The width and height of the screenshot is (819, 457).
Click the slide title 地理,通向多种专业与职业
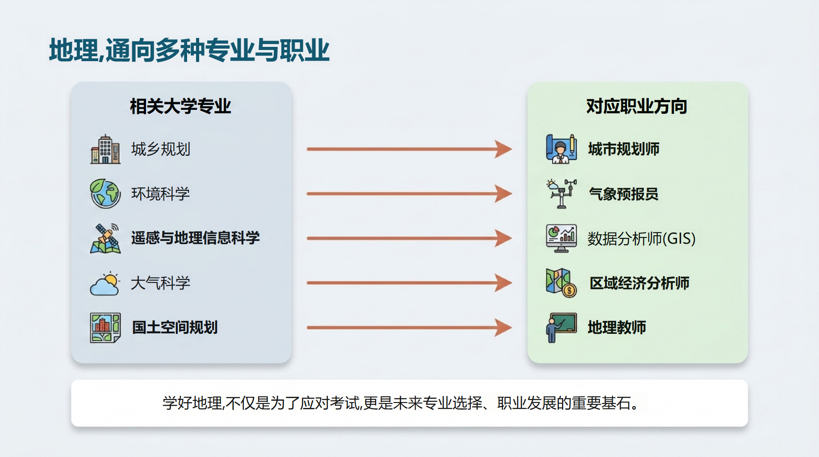(189, 50)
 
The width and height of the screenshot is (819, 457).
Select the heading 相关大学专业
(180, 106)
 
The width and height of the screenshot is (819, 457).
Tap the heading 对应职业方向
(636, 106)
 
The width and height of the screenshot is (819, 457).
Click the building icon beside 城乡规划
(105, 149)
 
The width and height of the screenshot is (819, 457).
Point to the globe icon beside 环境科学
(105, 194)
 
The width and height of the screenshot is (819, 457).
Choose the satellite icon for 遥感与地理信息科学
(105, 238)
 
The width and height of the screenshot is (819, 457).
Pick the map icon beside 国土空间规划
(105, 328)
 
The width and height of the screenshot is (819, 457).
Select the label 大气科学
(160, 283)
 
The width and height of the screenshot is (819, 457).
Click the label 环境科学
(160, 194)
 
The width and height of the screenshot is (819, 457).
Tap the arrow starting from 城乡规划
(409, 149)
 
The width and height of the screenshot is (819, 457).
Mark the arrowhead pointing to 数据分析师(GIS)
(504, 238)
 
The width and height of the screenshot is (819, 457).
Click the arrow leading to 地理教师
(409, 328)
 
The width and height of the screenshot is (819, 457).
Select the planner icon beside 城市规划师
(561, 149)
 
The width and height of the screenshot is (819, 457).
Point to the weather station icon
(561, 194)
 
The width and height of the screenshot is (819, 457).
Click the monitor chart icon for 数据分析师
(561, 238)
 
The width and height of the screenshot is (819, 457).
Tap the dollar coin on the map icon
(569, 291)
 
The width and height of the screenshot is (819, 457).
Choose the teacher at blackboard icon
(561, 328)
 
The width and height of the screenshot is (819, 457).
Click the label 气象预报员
(623, 194)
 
